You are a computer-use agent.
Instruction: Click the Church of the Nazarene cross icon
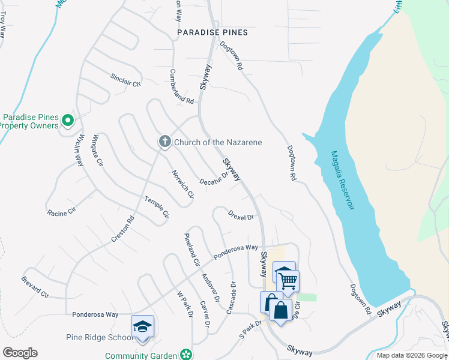click(164, 142)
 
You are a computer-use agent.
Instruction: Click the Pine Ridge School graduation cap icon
click(142, 326)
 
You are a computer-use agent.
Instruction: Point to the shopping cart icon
click(288, 280)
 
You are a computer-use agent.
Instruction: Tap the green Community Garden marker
click(187, 355)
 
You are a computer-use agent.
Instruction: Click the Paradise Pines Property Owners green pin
click(68, 121)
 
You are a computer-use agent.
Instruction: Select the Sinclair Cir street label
click(125, 80)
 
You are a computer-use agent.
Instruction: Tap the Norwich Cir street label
click(182, 184)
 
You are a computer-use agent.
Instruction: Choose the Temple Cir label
click(157, 207)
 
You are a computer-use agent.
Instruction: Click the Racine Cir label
click(62, 211)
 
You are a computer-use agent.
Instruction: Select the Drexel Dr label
click(241, 215)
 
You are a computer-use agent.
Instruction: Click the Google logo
click(20, 353)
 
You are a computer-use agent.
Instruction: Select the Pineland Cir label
click(191, 249)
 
